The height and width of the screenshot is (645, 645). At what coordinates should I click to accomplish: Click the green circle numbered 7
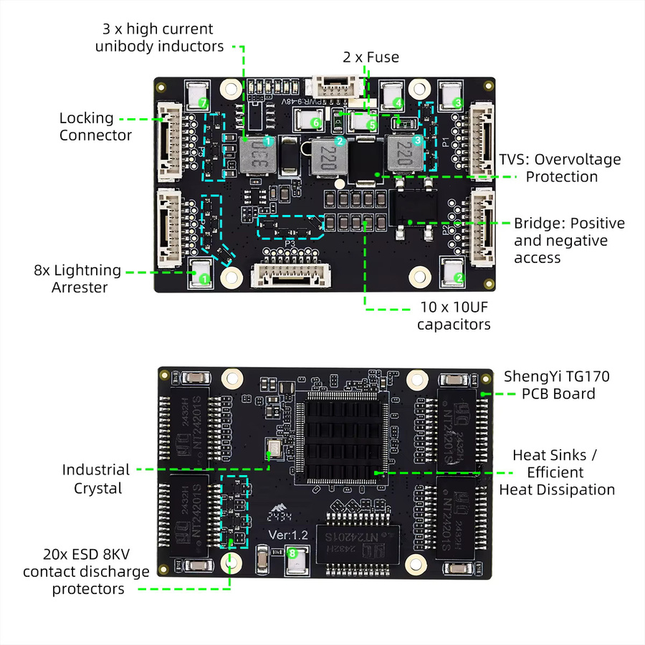click(203, 102)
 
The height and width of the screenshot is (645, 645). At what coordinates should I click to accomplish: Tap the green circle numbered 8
click(292, 553)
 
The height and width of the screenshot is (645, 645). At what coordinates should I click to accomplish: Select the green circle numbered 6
click(316, 123)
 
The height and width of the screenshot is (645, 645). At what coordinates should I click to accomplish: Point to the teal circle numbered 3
click(418, 140)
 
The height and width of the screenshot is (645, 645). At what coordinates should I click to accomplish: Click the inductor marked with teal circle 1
click(257, 155)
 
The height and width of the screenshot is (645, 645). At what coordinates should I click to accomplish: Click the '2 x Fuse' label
click(371, 57)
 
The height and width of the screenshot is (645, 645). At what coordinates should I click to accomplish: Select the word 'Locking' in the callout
click(87, 118)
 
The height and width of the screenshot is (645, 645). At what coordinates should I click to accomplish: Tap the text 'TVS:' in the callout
click(514, 160)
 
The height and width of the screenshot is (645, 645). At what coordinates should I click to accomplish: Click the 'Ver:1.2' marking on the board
click(288, 535)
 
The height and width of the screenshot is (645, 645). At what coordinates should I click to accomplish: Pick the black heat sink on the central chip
click(340, 439)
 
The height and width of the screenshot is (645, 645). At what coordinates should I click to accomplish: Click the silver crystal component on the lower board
click(274, 447)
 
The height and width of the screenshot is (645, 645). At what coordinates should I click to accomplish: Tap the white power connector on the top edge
click(338, 87)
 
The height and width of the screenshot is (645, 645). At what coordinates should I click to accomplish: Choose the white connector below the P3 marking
click(291, 275)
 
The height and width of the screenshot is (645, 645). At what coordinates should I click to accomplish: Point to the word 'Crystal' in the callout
click(98, 488)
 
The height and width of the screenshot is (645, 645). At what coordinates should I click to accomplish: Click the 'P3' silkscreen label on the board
click(290, 244)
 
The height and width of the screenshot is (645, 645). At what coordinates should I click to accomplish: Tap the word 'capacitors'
click(454, 325)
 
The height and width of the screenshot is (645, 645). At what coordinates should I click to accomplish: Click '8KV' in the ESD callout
click(116, 555)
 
